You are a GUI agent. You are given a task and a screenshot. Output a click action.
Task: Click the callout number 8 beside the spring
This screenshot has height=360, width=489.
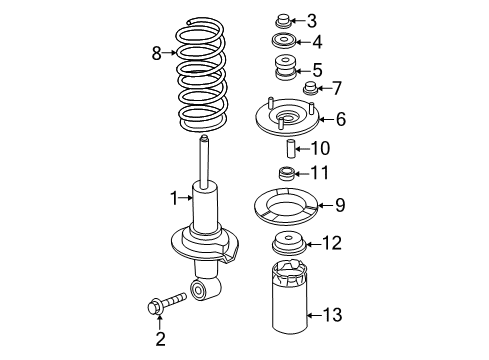(x=156, y=54)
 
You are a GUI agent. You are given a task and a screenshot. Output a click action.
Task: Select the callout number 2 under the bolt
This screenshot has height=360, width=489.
(x=158, y=341)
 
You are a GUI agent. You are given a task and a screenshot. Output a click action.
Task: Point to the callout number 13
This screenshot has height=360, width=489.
(x=331, y=316)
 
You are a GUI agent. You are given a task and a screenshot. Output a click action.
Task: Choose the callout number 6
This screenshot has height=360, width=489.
(x=340, y=120)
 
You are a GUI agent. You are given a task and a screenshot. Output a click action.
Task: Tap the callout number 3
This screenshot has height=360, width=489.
(x=312, y=20)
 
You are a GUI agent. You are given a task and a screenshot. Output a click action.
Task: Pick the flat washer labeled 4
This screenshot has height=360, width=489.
(x=281, y=43)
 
